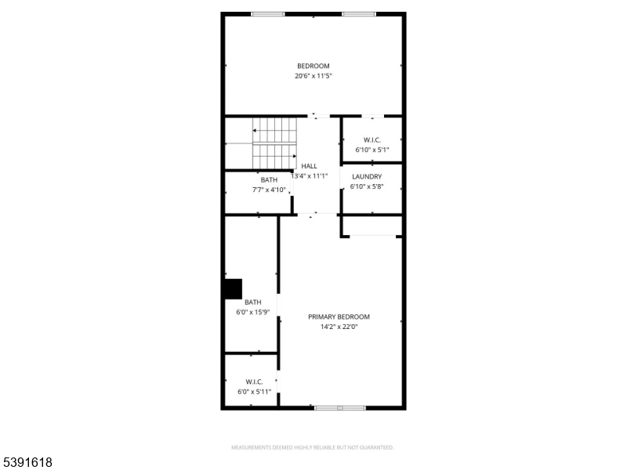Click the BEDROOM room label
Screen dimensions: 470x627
(x=313, y=66)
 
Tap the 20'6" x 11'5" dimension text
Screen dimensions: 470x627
(x=313, y=76)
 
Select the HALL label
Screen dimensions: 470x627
(x=310, y=166)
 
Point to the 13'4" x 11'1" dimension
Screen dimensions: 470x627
(x=309, y=176)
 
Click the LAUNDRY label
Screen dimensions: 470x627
(x=367, y=177)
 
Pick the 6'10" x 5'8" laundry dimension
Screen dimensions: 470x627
(x=367, y=187)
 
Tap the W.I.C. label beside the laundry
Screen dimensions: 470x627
(x=372, y=139)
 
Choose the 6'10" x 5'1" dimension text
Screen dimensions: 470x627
(x=372, y=150)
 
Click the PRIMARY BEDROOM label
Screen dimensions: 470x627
(x=339, y=316)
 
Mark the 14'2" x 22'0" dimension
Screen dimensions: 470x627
(x=339, y=327)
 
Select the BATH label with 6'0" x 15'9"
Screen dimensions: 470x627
(x=252, y=302)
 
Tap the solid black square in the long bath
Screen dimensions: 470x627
(x=233, y=289)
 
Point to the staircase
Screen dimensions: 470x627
(x=274, y=144)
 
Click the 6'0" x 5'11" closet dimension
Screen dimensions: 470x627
(x=254, y=392)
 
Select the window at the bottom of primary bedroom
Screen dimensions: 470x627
(x=339, y=407)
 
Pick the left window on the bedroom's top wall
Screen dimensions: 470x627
(x=268, y=13)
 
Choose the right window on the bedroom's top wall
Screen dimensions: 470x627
(x=358, y=13)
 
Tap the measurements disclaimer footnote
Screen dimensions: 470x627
(x=312, y=447)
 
